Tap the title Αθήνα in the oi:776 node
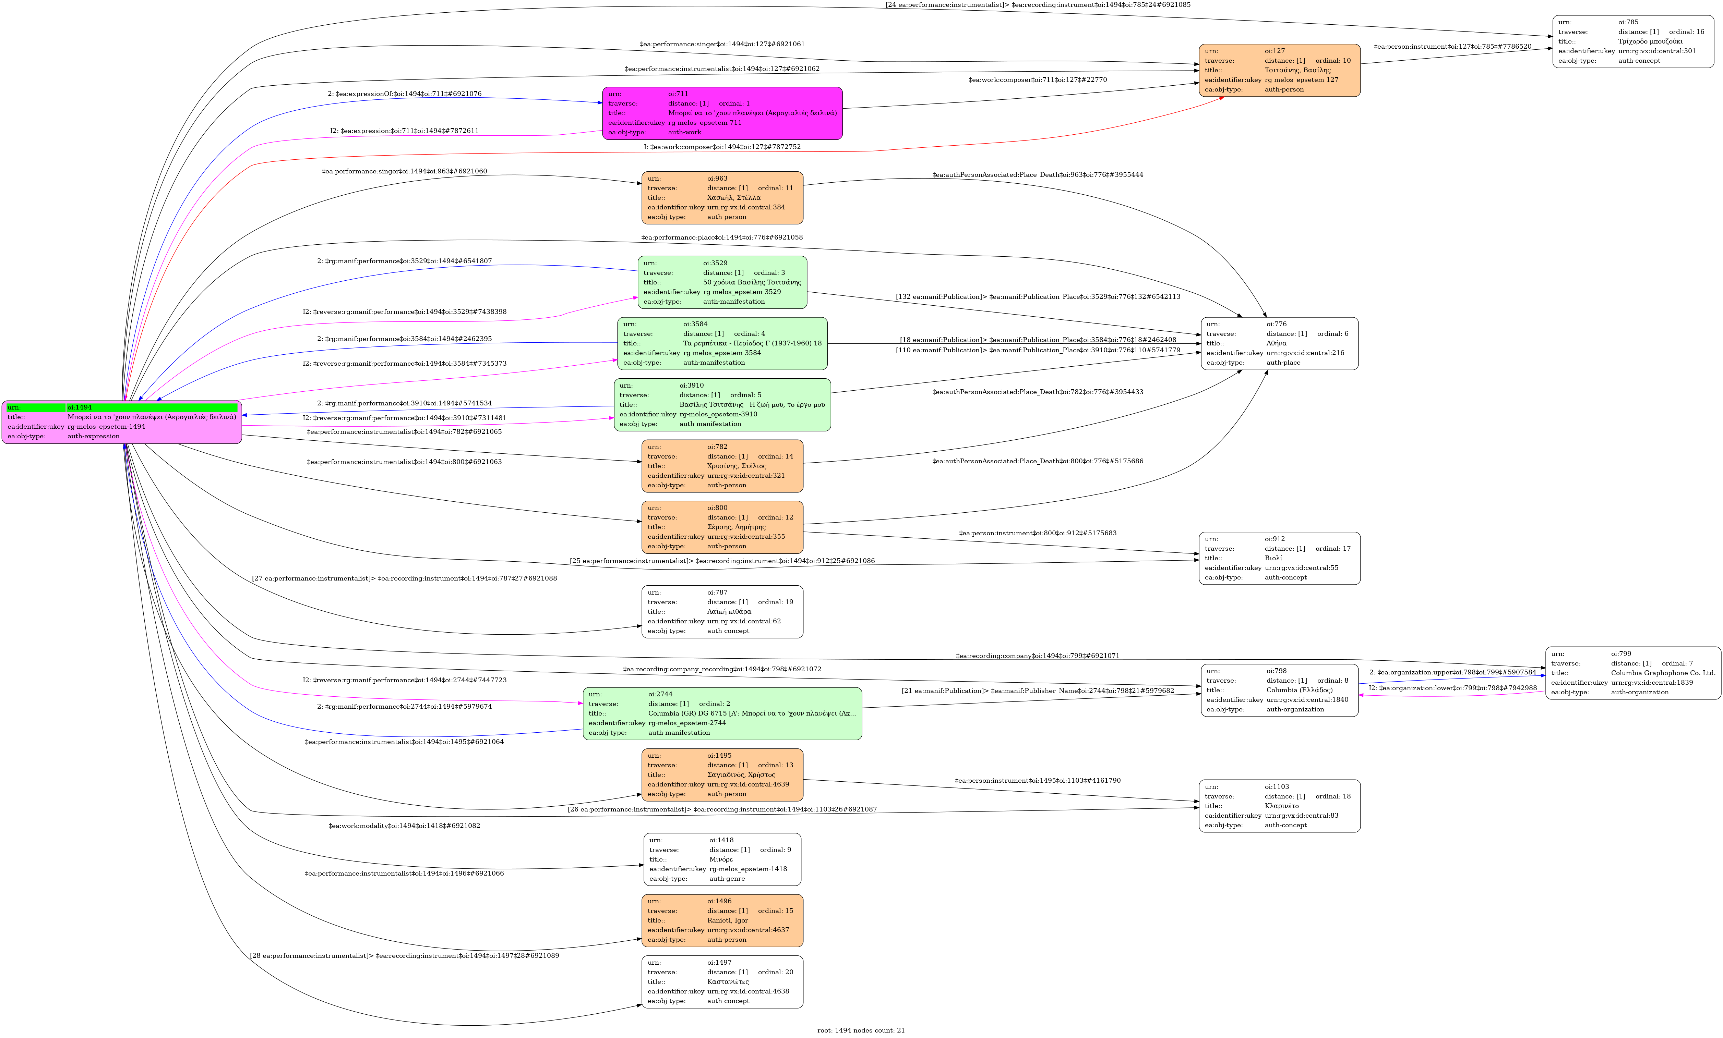tap(1276, 343)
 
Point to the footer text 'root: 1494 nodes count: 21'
tap(861, 1030)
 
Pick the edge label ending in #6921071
tap(1037, 656)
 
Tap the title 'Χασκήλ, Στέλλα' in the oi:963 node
tap(733, 198)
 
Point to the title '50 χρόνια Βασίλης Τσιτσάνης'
tap(752, 282)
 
